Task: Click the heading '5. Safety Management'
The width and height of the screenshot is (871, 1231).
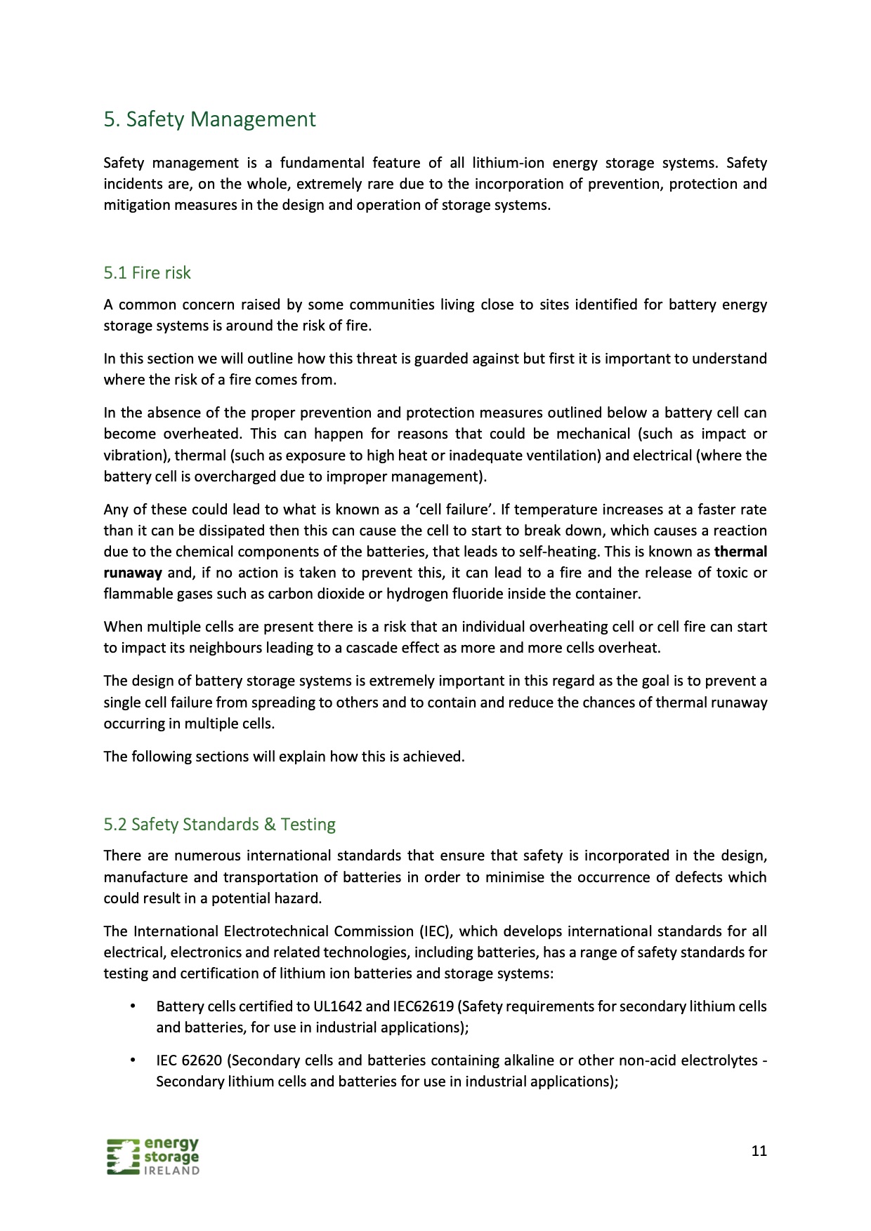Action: tap(209, 119)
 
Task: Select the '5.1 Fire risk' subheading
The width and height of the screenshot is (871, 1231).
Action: tap(147, 272)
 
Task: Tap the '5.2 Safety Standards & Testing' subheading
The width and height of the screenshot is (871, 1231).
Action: tap(219, 824)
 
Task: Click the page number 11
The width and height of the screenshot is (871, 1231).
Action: tap(759, 1150)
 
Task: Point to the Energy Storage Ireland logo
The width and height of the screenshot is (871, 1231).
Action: tap(153, 1156)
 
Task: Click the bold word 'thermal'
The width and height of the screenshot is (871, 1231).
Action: tap(740, 552)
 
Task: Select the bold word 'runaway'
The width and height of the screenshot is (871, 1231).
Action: tap(133, 573)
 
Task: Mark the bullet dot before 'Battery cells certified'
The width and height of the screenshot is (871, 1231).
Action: tap(132, 1006)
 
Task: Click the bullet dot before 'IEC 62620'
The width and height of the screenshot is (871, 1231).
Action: tap(132, 1060)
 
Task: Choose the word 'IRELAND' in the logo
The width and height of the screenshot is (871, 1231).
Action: tap(171, 1171)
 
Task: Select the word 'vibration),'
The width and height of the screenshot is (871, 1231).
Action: tap(136, 455)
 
